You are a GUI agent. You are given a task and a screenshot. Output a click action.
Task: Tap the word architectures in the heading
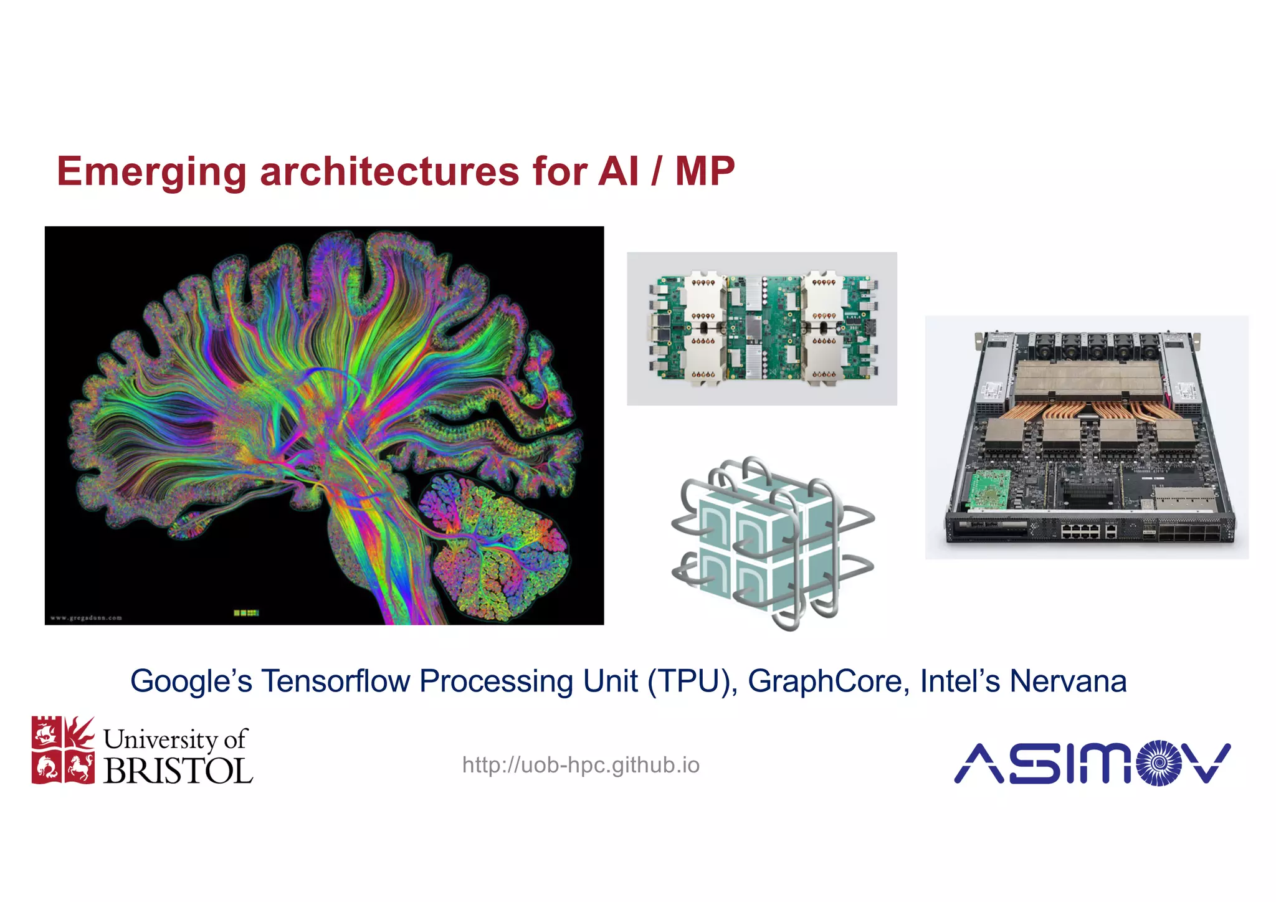point(389,172)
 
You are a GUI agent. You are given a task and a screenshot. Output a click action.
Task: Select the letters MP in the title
point(705,172)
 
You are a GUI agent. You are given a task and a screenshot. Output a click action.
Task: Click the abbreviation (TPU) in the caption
point(692,681)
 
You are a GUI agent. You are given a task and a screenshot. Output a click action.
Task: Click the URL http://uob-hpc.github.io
point(581,765)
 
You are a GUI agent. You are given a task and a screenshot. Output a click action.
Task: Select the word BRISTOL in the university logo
point(178,771)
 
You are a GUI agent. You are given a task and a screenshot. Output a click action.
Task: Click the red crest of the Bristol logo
point(63,750)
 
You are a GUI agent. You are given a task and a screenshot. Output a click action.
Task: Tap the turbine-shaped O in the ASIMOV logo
point(1158,762)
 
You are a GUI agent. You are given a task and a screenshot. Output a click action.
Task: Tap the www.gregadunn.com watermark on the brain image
point(86,618)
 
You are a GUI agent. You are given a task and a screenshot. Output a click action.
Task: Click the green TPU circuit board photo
point(761,328)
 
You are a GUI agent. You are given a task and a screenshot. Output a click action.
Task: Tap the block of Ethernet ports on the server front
point(1082,531)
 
